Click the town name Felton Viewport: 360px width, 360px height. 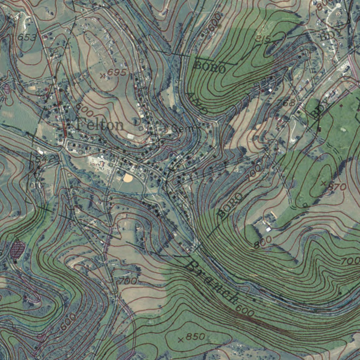coord(100,125)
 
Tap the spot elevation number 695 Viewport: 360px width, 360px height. coord(117,73)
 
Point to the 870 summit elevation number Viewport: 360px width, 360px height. coord(337,187)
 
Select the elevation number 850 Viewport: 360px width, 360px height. coord(195,336)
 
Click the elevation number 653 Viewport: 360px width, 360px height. coord(27,37)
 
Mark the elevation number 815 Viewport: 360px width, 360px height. coord(263,39)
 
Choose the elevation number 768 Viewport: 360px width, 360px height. coord(286,103)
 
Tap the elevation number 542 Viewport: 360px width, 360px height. coord(45,159)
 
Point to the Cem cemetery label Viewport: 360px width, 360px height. coord(183,129)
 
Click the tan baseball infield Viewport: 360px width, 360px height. coord(128,178)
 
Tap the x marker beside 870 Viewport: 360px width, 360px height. coord(323,183)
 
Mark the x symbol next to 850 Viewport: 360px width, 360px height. coord(181,340)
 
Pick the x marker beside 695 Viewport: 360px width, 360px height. coord(102,75)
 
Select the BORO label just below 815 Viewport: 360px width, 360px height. coord(210,67)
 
